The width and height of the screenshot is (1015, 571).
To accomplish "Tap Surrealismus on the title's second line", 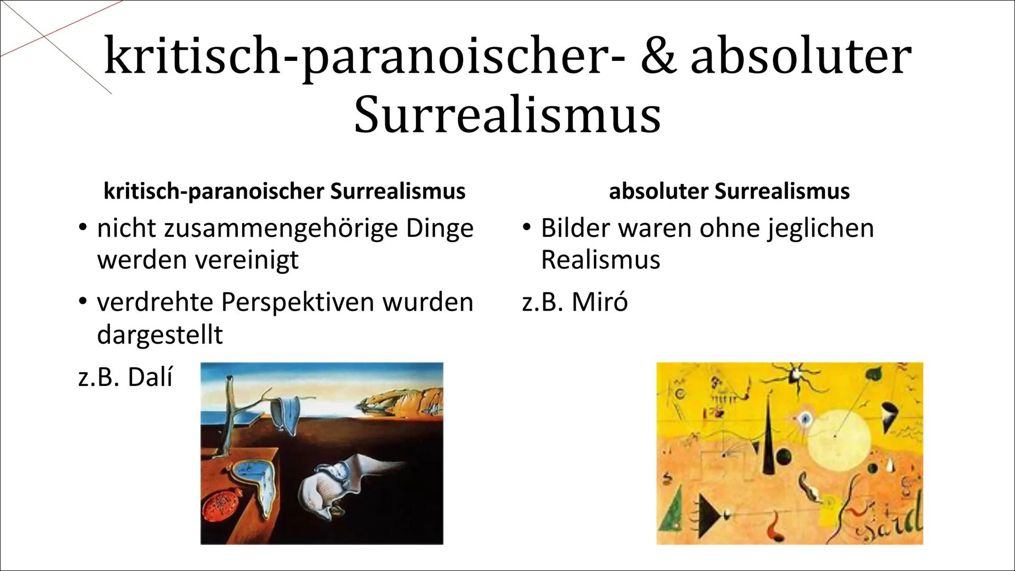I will (x=508, y=115).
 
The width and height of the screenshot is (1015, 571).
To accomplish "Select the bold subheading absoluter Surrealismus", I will (x=729, y=191).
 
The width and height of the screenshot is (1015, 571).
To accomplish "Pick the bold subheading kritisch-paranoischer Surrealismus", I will (x=284, y=191).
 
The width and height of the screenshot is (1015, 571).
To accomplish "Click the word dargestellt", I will (x=160, y=335).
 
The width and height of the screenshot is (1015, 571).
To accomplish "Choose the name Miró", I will (x=599, y=302).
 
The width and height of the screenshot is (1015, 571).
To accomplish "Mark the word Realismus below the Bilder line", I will (x=601, y=260).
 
